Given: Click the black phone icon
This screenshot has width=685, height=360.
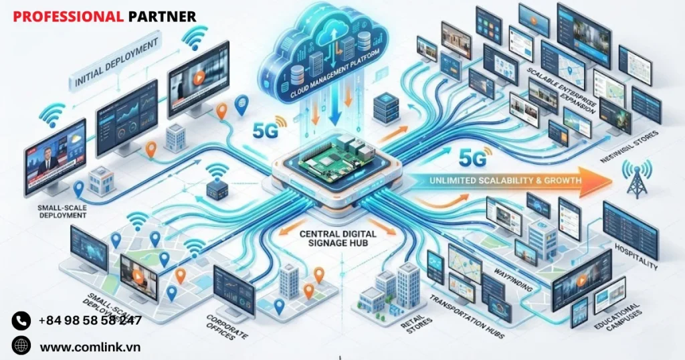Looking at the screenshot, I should point(21,321).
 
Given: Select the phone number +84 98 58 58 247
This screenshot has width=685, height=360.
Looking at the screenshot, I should point(90,321).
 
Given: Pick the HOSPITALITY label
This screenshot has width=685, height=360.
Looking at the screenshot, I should point(635,257).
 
